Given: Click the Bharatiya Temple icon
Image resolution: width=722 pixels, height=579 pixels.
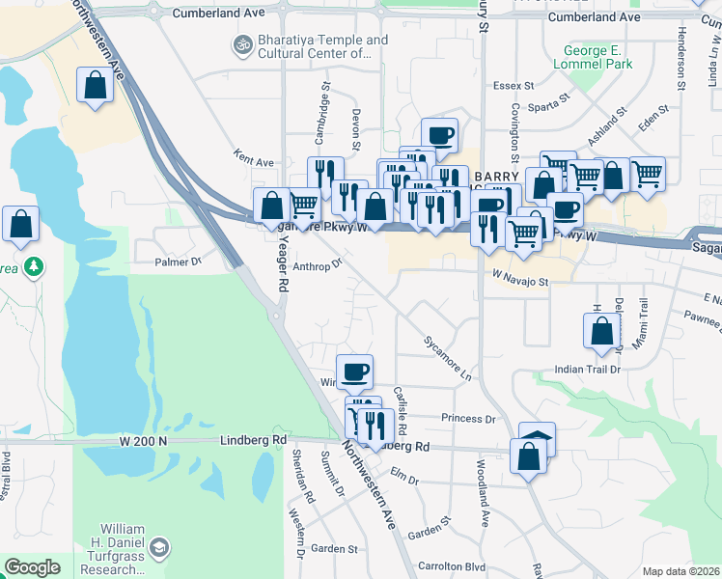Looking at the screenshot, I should pos(240,44).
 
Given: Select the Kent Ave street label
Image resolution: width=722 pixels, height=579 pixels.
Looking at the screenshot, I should pos(254,160).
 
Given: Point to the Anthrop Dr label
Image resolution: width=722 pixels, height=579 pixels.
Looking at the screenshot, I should pos(318,263).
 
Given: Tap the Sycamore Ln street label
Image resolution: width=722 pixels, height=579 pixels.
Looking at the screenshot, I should pos(447,356).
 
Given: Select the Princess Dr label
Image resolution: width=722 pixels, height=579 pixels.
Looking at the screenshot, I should pos(467,419).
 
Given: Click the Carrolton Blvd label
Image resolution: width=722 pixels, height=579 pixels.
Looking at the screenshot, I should pos(451,566).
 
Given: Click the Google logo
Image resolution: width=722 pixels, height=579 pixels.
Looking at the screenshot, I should pos(32,567).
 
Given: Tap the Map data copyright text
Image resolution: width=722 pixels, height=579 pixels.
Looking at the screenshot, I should pos(681,571).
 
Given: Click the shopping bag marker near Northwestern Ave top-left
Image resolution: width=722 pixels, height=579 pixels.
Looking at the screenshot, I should pos(96,86).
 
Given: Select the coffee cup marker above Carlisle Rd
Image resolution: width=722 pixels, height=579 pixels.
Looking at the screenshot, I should pos(354,371).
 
